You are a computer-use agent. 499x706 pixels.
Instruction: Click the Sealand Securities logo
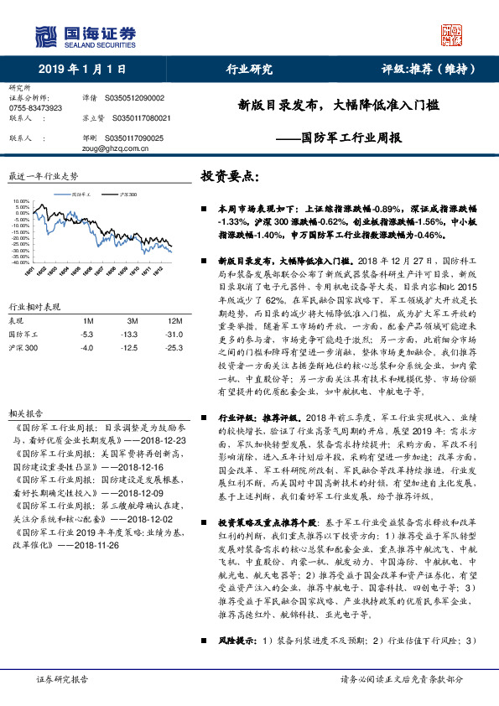tap(84, 35)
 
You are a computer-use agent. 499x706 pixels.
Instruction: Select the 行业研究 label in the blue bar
tap(249, 70)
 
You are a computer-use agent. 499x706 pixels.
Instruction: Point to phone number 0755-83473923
tap(35, 108)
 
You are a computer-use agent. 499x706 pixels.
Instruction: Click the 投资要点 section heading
tap(229, 178)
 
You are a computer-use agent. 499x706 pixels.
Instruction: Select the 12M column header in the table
tap(174, 321)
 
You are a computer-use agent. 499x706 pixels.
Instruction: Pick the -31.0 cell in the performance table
tap(174, 335)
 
